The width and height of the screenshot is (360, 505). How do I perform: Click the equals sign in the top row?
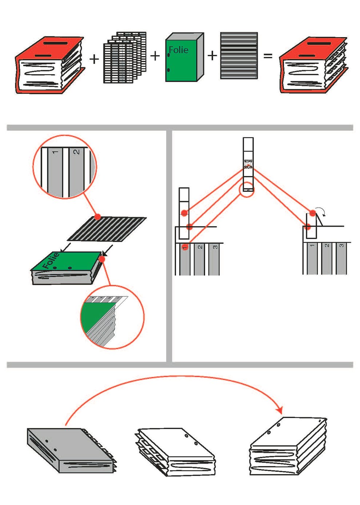(268, 56)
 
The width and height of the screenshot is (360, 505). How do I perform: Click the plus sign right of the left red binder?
(94, 59)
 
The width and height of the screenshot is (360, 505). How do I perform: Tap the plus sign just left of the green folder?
(155, 56)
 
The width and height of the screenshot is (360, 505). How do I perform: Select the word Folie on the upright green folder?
(179, 50)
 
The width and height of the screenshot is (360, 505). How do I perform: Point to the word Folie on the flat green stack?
(51, 261)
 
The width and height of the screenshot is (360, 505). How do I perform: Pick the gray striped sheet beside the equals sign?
(239, 56)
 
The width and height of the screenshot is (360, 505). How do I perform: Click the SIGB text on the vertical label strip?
(248, 167)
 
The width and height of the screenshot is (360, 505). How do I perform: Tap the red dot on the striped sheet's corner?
(97, 217)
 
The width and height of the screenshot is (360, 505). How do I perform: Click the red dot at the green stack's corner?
(102, 259)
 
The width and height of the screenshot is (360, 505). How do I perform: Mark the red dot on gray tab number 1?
(185, 247)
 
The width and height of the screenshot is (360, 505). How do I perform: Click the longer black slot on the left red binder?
(63, 43)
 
